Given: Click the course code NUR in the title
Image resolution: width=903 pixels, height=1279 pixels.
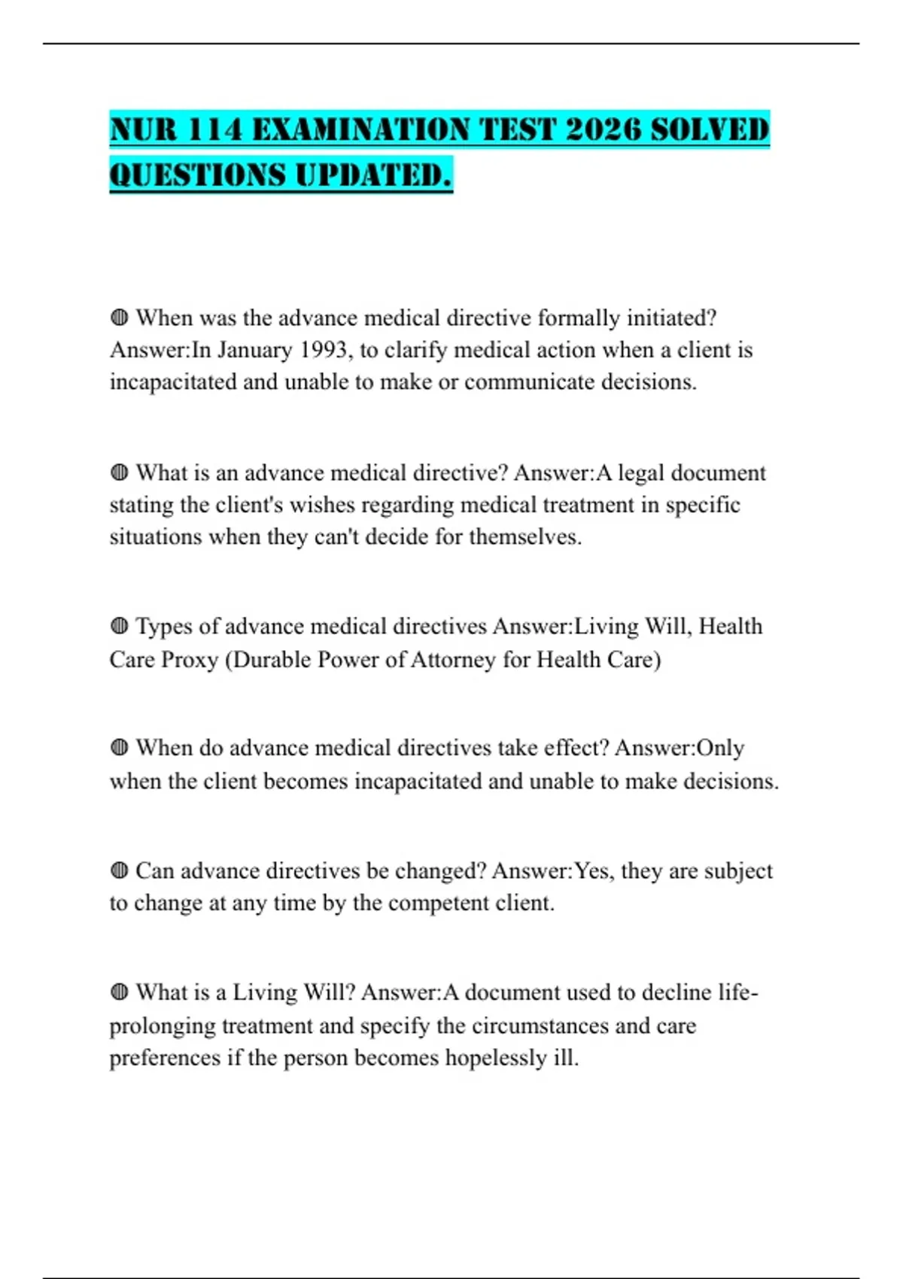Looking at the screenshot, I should pyautogui.click(x=144, y=130).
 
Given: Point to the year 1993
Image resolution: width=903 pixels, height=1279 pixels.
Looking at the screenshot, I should pyautogui.click(x=325, y=350).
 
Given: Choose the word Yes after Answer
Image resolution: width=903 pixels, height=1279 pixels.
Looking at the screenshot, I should pyautogui.click(x=592, y=870).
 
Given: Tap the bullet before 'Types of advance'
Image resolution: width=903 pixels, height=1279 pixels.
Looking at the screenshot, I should pyautogui.click(x=119, y=627).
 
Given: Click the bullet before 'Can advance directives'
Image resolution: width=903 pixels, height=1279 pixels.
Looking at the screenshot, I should pyautogui.click(x=119, y=870).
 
